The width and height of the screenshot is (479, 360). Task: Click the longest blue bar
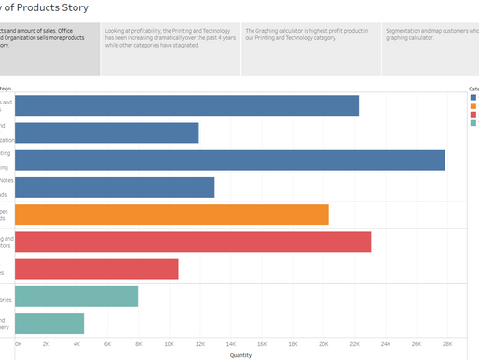tap(230, 159)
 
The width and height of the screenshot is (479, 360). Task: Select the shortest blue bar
tap(107, 132)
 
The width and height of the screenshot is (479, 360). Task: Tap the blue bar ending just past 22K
tap(187, 105)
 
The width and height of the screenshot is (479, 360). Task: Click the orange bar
tap(172, 215)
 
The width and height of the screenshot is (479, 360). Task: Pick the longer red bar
tap(193, 242)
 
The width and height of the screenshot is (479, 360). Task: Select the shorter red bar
tap(97, 269)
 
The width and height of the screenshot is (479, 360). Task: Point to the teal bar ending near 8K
tap(76, 297)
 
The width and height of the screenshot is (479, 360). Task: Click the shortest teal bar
tap(49, 324)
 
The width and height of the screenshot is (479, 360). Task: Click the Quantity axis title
tap(240, 354)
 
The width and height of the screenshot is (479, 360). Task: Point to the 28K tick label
tap(447, 343)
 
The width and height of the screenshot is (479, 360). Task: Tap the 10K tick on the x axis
tap(169, 343)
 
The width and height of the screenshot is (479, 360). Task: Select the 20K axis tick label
tap(323, 343)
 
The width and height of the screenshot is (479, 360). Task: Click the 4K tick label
tap(76, 343)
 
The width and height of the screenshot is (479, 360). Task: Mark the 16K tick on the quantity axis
tap(262, 343)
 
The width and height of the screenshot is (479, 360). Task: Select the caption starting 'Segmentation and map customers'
tap(431, 36)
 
